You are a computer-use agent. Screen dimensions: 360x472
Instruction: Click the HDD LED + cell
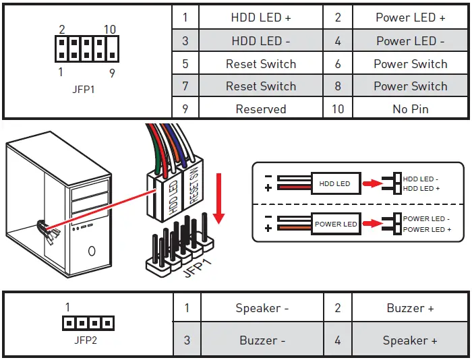(260, 18)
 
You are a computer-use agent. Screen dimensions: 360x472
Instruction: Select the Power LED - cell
(410, 41)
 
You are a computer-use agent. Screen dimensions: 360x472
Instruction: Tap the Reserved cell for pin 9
(260, 109)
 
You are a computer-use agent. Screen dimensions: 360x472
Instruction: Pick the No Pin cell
(410, 109)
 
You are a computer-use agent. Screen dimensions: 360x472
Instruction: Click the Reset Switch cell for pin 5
(260, 64)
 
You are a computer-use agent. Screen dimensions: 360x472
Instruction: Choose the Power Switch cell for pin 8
(410, 86)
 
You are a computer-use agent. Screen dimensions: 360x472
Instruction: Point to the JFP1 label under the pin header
(84, 89)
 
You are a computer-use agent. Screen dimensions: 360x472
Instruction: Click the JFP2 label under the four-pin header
(86, 340)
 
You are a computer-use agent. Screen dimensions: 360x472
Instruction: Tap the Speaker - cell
(262, 308)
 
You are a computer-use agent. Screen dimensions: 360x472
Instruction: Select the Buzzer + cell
(410, 308)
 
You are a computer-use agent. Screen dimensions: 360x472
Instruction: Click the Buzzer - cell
(262, 340)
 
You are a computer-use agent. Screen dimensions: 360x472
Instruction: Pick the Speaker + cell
(410, 340)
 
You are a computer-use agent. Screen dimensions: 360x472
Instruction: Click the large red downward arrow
(218, 200)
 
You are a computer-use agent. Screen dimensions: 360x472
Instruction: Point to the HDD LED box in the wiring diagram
(334, 183)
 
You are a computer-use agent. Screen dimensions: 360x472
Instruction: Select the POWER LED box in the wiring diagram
(336, 224)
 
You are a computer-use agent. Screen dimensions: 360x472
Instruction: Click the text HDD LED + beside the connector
(421, 189)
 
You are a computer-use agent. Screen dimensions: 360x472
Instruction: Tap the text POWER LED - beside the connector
(425, 219)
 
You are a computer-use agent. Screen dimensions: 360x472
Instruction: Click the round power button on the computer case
(91, 251)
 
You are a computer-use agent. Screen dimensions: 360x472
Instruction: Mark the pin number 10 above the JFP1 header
(111, 30)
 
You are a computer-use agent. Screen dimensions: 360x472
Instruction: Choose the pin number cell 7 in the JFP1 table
(185, 86)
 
